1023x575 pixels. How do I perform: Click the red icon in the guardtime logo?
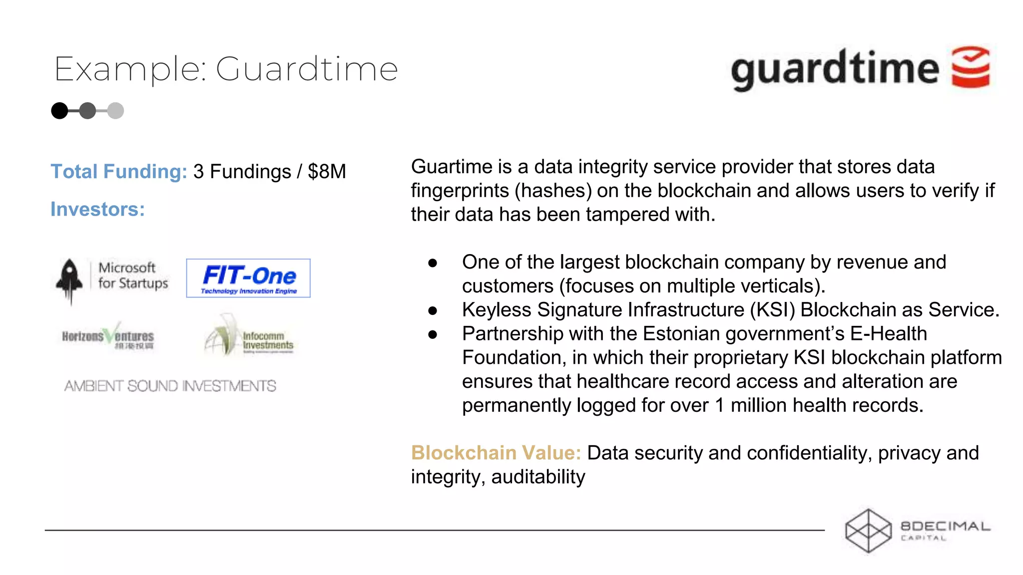(971, 67)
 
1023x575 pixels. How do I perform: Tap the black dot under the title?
(59, 110)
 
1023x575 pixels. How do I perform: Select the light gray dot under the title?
(115, 110)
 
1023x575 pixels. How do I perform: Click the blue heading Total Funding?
(119, 172)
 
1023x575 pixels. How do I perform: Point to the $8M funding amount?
(327, 172)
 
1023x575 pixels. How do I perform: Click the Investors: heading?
(97, 210)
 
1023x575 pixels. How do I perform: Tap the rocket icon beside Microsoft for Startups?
(70, 280)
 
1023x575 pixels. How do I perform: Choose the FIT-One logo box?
(248, 278)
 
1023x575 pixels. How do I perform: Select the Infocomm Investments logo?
(249, 337)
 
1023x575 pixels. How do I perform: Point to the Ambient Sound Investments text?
(170, 386)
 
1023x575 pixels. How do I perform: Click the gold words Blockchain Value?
(496, 453)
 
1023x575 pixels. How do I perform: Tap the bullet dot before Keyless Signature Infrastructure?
(433, 310)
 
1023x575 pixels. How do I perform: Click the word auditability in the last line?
(538, 477)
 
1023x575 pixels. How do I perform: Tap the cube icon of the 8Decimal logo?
(868, 531)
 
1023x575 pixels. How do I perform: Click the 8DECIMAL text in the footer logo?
(945, 526)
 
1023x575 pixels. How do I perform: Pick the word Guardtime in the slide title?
(307, 69)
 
